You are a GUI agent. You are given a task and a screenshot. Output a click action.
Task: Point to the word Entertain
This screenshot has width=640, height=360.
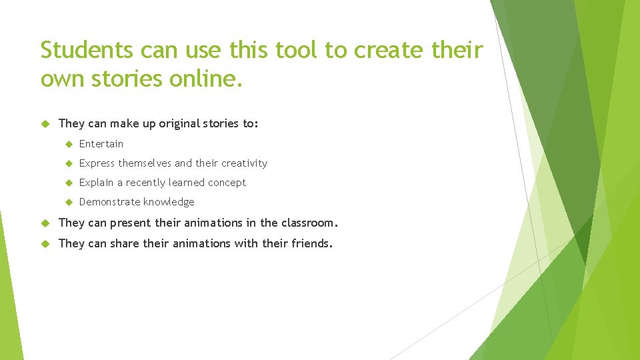coord(101,143)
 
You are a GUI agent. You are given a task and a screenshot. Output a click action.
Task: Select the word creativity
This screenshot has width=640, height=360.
coord(244,163)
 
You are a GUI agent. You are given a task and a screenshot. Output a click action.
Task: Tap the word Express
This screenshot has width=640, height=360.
coord(97,163)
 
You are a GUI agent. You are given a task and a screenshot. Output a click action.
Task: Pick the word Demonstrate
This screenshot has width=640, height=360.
coord(108,201)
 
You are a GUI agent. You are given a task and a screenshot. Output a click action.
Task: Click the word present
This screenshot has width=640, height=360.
coord(130,223)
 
